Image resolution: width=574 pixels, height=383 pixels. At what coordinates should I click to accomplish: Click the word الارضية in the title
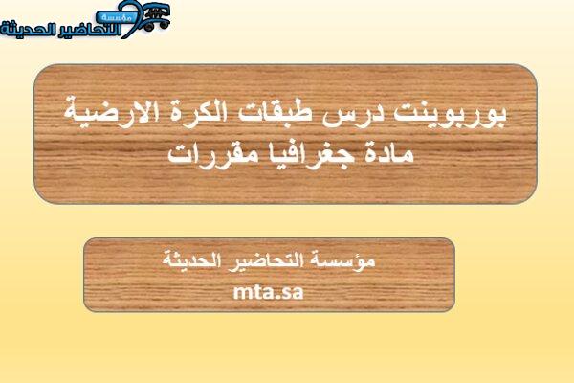pyautogui.click(x=111, y=112)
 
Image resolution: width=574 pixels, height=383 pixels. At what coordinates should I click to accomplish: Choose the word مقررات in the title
pyautogui.click(x=209, y=153)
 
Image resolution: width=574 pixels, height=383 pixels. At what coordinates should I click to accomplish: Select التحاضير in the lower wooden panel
pyautogui.click(x=266, y=261)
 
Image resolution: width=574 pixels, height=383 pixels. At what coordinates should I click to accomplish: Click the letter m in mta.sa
pyautogui.click(x=242, y=292)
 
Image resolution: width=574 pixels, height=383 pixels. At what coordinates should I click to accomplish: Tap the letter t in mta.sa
pyautogui.click(x=257, y=292)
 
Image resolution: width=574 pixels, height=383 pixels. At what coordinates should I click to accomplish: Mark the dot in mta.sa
pyautogui.click(x=276, y=297)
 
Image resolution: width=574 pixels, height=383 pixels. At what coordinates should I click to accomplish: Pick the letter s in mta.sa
pyautogui.click(x=285, y=293)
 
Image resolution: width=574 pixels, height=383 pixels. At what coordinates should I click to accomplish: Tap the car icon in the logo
pyautogui.click(x=156, y=16)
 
